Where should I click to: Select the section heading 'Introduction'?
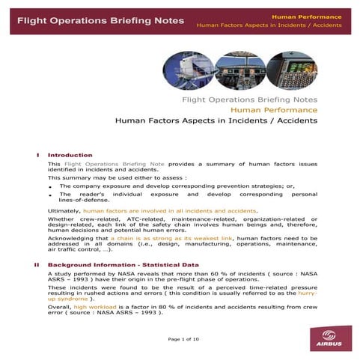coord(70,155)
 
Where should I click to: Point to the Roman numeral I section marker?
coord(38,155)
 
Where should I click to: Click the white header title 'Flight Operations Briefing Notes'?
coord(93,20)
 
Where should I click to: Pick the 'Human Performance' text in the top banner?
coord(312,16)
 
